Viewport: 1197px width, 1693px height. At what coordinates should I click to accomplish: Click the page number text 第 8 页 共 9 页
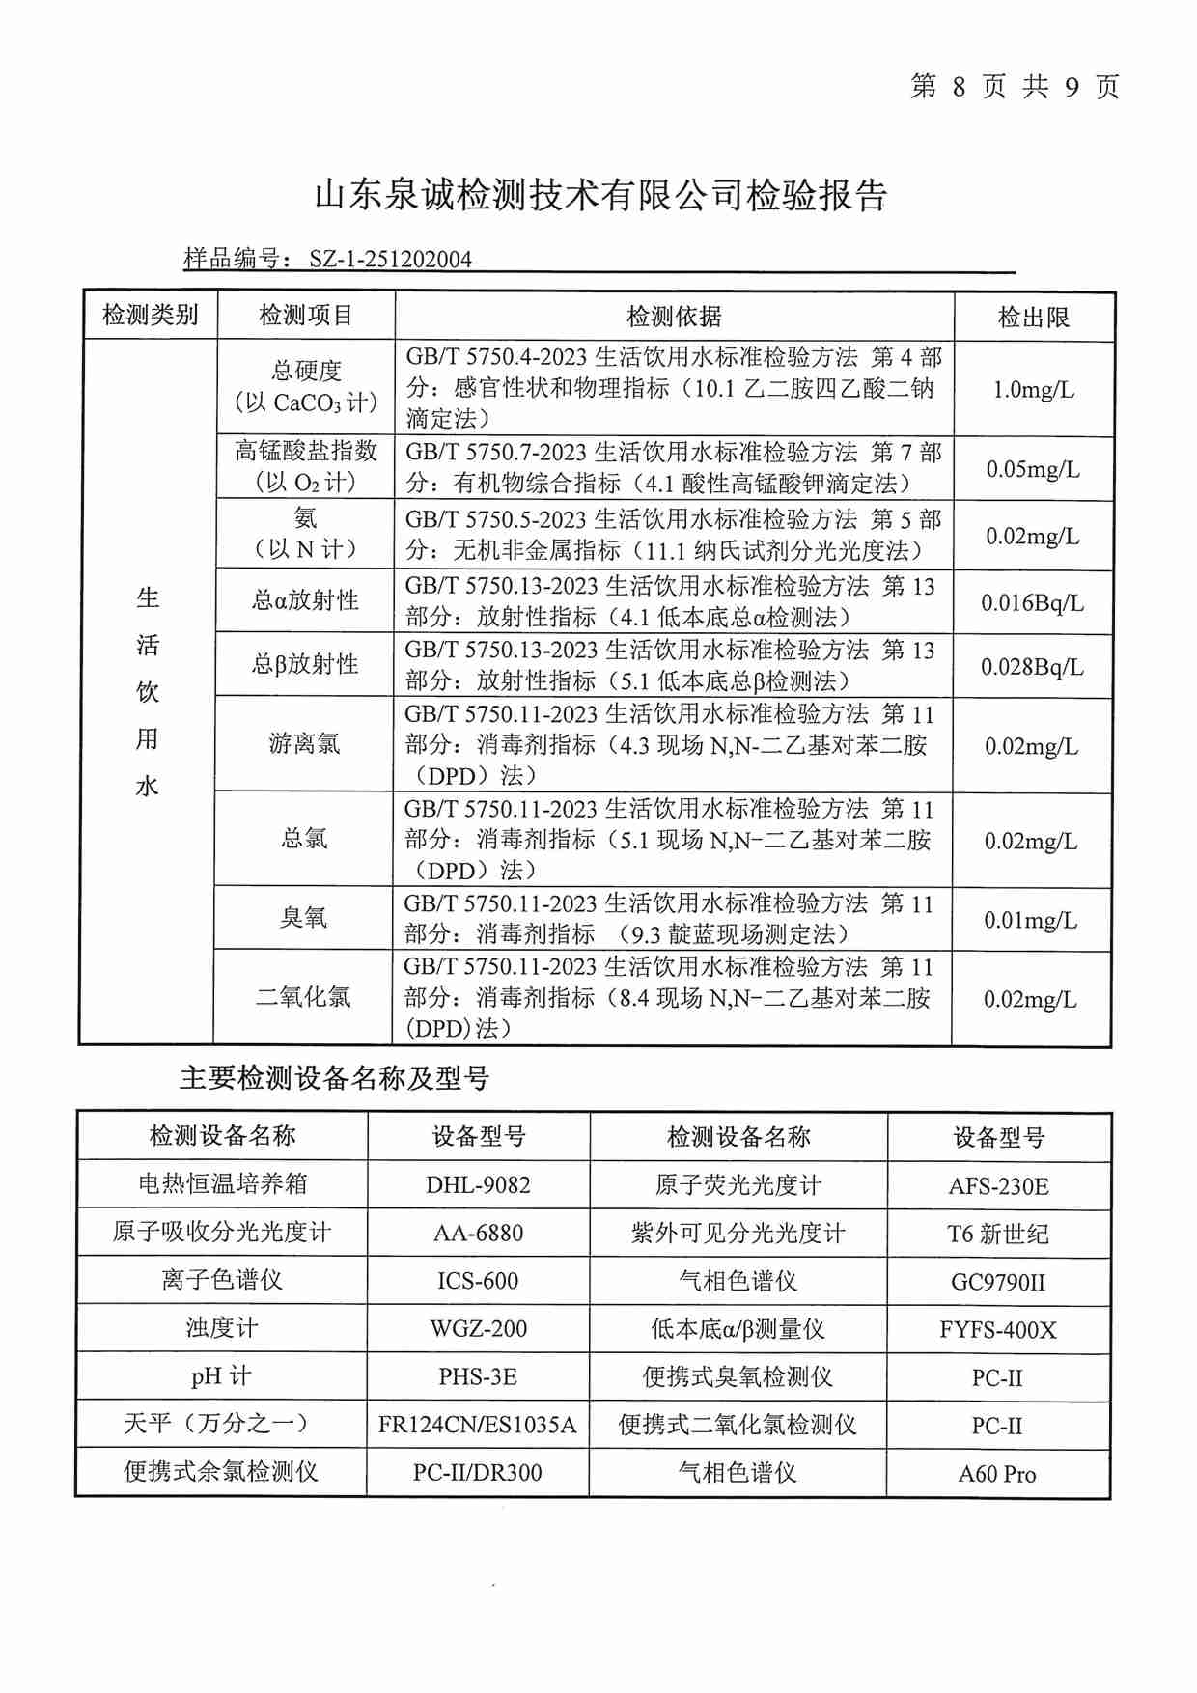point(1015,87)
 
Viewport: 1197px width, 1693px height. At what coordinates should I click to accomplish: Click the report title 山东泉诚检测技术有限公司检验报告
point(600,196)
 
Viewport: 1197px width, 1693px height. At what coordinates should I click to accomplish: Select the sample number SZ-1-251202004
point(390,259)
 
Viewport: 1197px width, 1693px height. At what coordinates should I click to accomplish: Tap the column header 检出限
point(1033,318)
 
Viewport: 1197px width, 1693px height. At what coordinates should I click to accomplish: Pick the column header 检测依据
point(674,317)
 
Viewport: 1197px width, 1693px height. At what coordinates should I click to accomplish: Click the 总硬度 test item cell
point(306,386)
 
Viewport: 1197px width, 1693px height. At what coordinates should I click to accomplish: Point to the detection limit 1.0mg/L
point(1033,390)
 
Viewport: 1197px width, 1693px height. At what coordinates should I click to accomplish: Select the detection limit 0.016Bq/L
point(1032,603)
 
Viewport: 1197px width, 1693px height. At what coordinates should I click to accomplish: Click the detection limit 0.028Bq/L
point(1032,667)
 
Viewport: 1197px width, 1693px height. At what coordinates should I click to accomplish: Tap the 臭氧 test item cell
point(303,918)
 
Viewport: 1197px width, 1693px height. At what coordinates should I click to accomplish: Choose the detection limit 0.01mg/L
point(1030,921)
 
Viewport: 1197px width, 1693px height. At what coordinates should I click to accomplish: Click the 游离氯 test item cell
point(304,744)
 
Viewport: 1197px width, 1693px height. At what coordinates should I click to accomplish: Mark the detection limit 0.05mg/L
point(1032,470)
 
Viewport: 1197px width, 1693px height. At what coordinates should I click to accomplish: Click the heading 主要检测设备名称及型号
point(334,1078)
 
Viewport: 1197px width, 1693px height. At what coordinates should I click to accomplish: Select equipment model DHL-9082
point(478,1185)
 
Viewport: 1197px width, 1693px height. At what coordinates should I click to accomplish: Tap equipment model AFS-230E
point(998,1186)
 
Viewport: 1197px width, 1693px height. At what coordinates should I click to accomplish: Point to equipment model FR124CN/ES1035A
point(477,1425)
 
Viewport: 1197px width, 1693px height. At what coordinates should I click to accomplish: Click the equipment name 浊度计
point(221,1328)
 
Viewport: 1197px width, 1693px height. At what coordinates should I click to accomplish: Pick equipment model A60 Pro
point(996,1474)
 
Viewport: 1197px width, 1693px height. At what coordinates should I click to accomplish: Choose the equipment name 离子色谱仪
point(221,1281)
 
